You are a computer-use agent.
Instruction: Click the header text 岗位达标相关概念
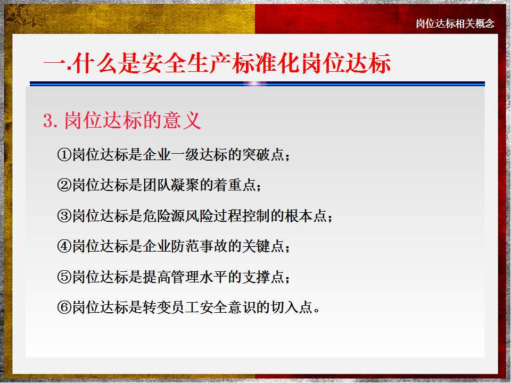[455, 23]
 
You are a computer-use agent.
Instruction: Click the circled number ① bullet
[64, 154]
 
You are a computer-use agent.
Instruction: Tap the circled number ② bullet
[64, 185]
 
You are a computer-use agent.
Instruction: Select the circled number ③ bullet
[64, 215]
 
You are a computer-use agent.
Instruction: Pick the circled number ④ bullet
[64, 246]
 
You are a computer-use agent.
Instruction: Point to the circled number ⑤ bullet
[64, 277]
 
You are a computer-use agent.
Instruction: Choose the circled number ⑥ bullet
[64, 307]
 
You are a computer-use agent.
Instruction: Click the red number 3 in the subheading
[48, 121]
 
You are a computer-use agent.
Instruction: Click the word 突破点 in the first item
[263, 154]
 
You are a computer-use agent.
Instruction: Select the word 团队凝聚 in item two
[171, 185]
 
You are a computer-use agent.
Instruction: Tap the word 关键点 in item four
[263, 246]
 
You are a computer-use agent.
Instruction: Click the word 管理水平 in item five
[199, 277]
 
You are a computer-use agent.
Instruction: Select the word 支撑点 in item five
[263, 277]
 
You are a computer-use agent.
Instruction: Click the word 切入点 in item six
[291, 307]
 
